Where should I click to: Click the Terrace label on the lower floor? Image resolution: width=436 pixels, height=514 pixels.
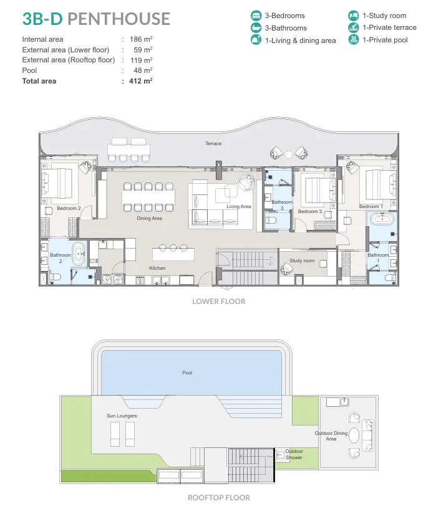click(x=213, y=143)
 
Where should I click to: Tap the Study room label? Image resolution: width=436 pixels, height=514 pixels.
click(x=302, y=260)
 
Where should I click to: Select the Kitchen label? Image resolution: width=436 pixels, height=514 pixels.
click(x=157, y=268)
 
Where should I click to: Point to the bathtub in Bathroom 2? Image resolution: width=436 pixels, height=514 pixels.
click(x=79, y=254)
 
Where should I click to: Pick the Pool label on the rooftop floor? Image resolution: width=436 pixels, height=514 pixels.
click(x=187, y=373)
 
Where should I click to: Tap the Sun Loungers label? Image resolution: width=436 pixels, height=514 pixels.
click(x=122, y=416)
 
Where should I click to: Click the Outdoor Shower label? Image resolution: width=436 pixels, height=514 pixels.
click(x=294, y=454)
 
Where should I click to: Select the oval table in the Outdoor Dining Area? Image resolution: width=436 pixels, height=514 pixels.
click(x=354, y=435)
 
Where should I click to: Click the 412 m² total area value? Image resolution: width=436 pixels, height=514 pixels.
click(x=141, y=81)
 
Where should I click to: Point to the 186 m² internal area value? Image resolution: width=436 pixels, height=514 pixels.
click(x=141, y=39)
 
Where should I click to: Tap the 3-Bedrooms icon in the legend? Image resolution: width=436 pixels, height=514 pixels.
click(x=256, y=16)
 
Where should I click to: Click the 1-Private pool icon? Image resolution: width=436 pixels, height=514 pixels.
click(x=353, y=40)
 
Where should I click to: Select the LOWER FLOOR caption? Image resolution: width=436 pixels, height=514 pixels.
click(x=219, y=302)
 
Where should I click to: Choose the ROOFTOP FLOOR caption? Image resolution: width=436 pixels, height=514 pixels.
click(x=219, y=498)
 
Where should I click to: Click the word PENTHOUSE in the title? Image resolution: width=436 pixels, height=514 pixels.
click(x=119, y=19)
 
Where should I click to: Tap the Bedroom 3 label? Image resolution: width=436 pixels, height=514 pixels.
click(x=310, y=211)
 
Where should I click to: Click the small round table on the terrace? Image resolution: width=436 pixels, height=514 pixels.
click(x=288, y=155)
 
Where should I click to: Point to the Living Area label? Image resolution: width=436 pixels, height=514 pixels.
click(x=238, y=206)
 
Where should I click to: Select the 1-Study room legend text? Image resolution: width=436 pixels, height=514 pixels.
click(x=384, y=16)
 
